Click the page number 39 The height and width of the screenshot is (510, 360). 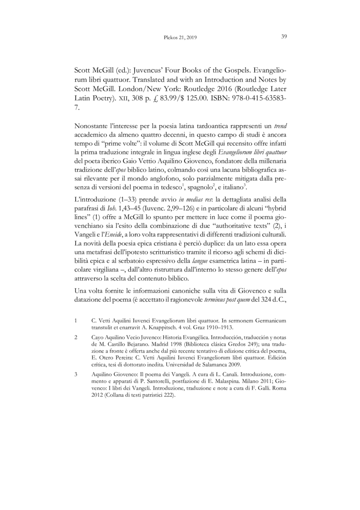[x=284, y=37]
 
